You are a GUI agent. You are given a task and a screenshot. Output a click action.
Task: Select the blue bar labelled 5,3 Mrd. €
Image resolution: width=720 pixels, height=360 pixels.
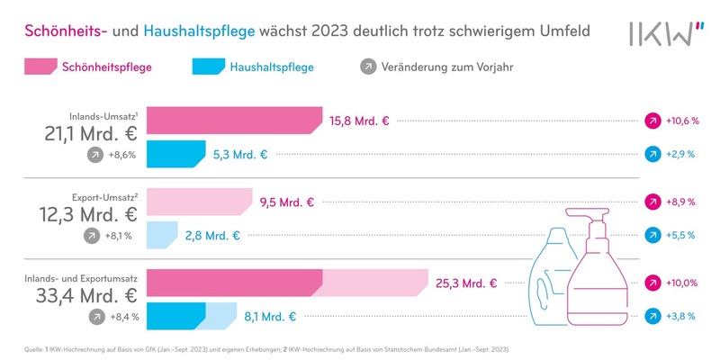click(x=176, y=155)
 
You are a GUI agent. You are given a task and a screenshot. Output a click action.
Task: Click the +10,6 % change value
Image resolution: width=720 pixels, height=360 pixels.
click(x=682, y=121)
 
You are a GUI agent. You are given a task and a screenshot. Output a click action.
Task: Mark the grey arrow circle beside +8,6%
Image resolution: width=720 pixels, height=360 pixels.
click(x=94, y=155)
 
